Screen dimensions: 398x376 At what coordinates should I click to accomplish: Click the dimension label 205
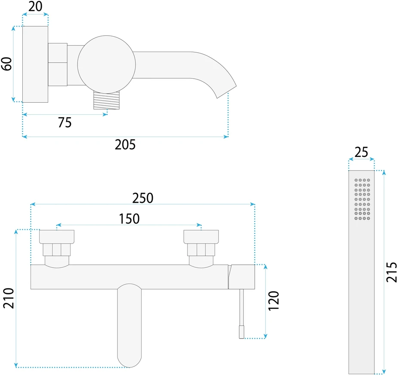[x=125, y=144]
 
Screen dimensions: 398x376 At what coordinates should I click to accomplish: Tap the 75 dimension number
[x=65, y=122]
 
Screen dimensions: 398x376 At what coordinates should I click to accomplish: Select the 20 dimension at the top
[x=35, y=6]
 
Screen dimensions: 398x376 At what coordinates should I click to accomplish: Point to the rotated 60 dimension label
[x=6, y=64]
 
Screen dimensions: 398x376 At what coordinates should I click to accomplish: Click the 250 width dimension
[x=143, y=198]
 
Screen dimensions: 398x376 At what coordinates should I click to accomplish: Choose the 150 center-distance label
[x=129, y=219]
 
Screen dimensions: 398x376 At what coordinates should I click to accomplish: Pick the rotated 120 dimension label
[x=274, y=301]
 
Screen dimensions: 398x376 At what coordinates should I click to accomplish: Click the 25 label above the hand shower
[x=361, y=152]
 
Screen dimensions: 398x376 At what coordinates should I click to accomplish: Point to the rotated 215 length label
[x=392, y=272]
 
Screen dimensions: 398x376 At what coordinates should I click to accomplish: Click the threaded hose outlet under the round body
[x=107, y=100]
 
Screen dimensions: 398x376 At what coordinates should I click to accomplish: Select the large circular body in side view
[x=107, y=64]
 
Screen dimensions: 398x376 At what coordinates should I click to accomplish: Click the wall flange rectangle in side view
[x=35, y=64]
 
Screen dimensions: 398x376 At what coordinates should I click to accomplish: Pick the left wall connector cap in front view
[x=57, y=237]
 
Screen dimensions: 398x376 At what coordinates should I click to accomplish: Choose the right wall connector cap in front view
[x=201, y=237]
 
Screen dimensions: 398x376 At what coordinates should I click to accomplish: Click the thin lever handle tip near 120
[x=242, y=333]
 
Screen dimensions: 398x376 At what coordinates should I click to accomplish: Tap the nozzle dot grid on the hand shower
[x=362, y=199]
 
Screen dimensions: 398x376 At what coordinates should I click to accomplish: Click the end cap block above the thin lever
[x=242, y=277]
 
